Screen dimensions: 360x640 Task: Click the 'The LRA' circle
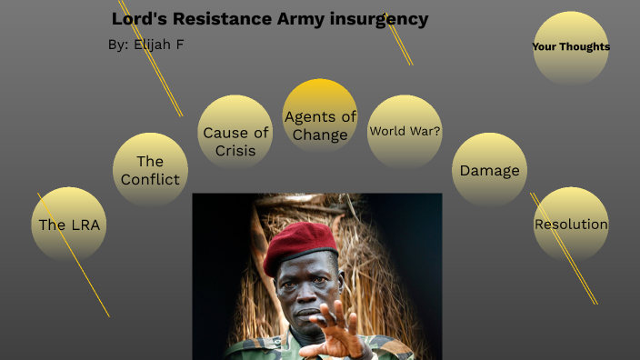[69, 225]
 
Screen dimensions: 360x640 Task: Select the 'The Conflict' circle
[150, 170]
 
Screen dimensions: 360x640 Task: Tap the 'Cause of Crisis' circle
[235, 133]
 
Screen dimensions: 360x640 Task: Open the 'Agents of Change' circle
[320, 117]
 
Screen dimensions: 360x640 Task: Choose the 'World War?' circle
[405, 131]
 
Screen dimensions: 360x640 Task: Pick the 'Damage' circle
[489, 170]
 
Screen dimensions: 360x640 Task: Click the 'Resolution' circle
[571, 225]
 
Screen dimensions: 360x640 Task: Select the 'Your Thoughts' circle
[571, 47]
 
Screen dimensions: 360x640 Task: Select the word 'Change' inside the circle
[320, 135]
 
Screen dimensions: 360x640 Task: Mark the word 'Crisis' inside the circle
[235, 151]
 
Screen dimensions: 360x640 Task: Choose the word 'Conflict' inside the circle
[150, 179]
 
